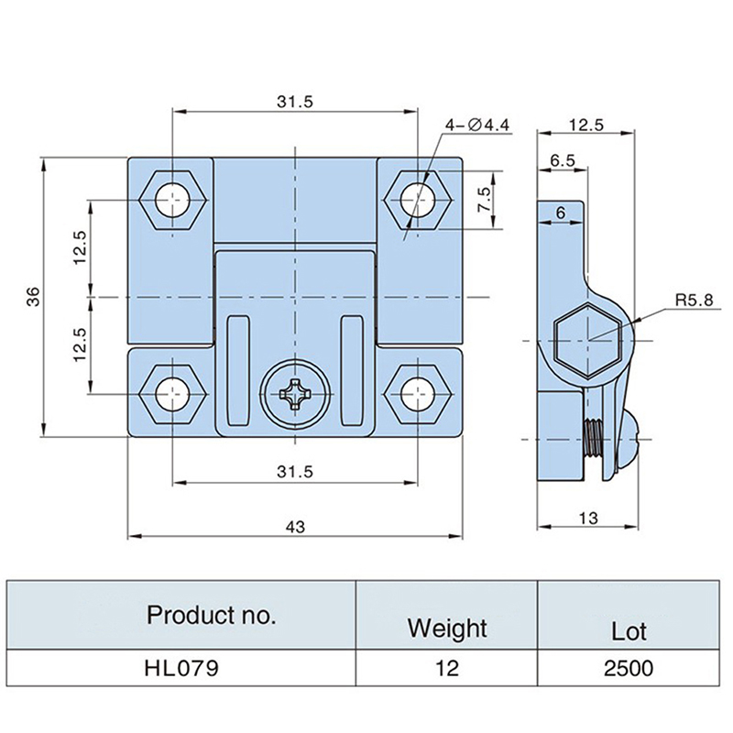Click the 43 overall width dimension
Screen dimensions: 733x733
point(295,527)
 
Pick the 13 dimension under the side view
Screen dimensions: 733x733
point(587,519)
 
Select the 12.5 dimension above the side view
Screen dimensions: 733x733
point(585,126)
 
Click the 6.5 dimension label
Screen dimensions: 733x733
point(562,160)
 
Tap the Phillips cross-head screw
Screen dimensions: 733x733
point(295,396)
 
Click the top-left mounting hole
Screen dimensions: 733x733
point(170,198)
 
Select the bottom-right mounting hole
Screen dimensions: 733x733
point(418,395)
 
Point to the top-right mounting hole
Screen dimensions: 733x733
point(418,198)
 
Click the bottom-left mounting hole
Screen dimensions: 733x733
point(170,395)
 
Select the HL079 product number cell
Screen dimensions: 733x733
point(182,669)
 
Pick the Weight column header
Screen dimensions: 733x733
point(446,629)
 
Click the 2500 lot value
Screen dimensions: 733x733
point(629,669)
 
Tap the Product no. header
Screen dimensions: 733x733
point(211,615)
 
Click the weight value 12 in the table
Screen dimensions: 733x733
point(446,669)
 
